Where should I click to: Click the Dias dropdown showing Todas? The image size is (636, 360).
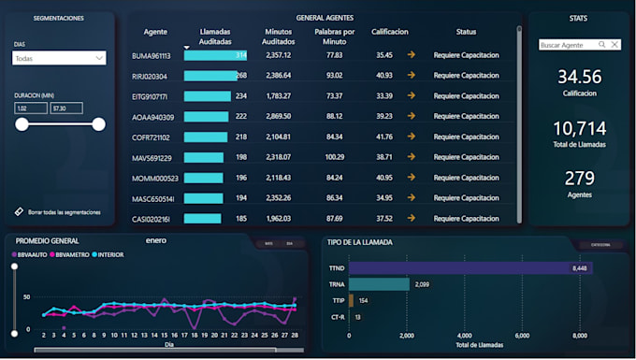59,58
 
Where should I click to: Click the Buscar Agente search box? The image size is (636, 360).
569,44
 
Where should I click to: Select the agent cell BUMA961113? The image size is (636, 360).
151,55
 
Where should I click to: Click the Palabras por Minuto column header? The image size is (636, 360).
335,36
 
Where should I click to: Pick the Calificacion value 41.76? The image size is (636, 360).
383,137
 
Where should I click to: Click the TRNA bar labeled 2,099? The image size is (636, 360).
379,284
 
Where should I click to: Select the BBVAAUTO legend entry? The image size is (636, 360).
31,253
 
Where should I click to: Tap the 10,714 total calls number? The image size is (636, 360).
579,128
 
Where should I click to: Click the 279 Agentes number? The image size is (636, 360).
579,179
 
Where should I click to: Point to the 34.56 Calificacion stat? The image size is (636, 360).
579,78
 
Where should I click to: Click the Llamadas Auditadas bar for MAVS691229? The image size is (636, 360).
204,157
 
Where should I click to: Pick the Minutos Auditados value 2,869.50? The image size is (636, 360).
279,116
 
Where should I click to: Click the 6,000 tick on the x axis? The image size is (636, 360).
522,335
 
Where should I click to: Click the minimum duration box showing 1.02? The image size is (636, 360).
31,108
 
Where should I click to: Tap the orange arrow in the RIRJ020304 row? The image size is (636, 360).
411,76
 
